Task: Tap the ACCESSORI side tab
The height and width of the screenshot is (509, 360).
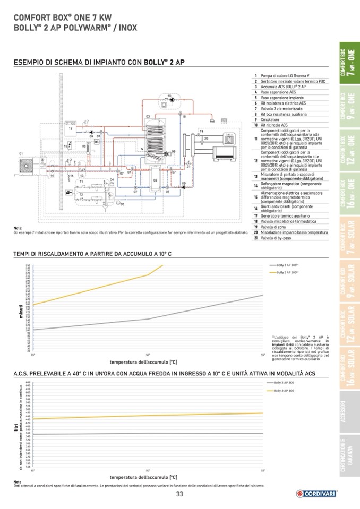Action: pos(349,412)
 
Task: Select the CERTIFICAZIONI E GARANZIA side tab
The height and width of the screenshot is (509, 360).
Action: pos(349,456)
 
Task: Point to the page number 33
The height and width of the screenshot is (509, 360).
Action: pos(180,494)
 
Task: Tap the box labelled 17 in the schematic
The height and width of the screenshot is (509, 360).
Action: pos(70,128)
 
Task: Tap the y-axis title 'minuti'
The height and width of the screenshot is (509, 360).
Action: pos(21,310)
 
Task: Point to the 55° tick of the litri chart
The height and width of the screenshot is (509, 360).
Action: pos(263,470)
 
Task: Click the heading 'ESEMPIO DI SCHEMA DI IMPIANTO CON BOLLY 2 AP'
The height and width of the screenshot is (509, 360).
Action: pos(99,63)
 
